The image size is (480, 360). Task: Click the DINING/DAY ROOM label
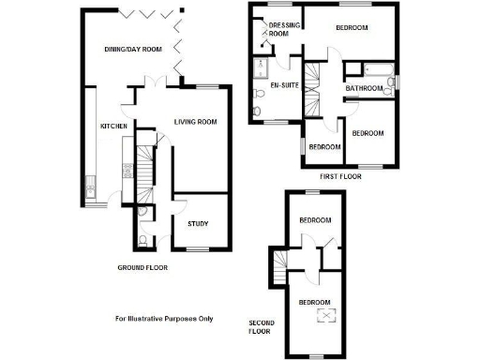[x=133, y=49]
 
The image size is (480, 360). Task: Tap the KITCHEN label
[x=114, y=125]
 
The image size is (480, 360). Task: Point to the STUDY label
[x=198, y=223]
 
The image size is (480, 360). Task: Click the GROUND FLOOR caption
[x=142, y=269]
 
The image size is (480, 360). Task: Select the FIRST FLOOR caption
[x=341, y=175]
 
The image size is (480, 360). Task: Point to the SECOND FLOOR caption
[x=259, y=324]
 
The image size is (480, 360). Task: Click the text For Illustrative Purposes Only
[x=164, y=319]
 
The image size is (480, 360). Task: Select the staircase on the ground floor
[x=144, y=169]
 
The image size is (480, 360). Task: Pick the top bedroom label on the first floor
[x=352, y=28]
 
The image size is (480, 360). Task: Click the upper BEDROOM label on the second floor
[x=315, y=220]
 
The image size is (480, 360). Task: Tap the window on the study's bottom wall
[x=197, y=248]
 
